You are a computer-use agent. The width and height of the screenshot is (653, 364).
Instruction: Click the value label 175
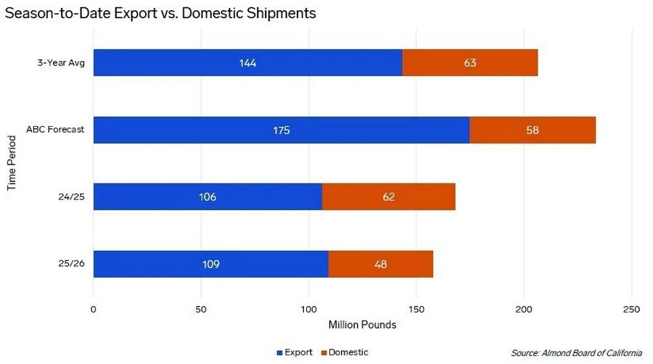(282, 131)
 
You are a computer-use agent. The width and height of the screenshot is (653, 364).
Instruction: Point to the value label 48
(381, 264)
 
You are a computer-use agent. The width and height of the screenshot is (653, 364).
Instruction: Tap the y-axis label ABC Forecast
(56, 130)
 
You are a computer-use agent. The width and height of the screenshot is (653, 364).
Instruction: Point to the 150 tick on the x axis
(416, 310)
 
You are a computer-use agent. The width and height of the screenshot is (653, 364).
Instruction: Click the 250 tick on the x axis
(631, 310)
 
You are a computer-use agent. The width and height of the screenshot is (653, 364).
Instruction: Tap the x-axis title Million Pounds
(362, 325)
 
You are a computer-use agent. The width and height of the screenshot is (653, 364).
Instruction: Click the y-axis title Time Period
(12, 163)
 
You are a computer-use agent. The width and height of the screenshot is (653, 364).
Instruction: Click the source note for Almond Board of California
(576, 352)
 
